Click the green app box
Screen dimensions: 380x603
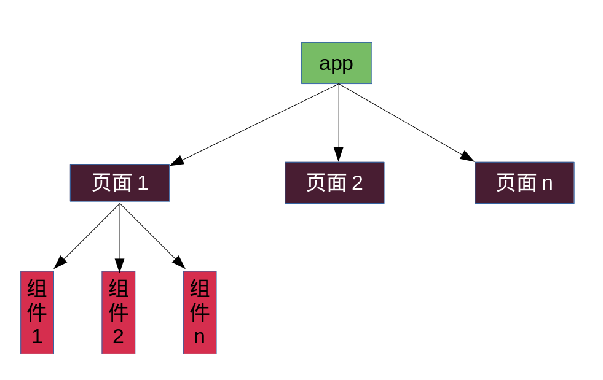tap(336, 63)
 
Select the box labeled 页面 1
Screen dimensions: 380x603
tap(119, 183)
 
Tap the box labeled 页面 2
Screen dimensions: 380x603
tap(334, 183)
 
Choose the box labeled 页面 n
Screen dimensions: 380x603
tap(524, 183)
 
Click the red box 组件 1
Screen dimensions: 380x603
tap(37, 312)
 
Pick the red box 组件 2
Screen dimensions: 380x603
tap(118, 312)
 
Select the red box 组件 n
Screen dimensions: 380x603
tap(200, 312)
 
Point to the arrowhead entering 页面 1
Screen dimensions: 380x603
tap(176, 161)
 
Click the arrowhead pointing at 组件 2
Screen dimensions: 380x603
tap(119, 265)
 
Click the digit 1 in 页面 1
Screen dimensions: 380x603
tap(143, 183)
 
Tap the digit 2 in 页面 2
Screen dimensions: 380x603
tap(357, 183)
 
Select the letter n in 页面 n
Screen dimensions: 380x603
tap(546, 183)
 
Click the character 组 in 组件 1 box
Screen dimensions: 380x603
tap(37, 288)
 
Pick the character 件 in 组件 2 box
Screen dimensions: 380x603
tap(118, 312)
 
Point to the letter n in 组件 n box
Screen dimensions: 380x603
tap(199, 336)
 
